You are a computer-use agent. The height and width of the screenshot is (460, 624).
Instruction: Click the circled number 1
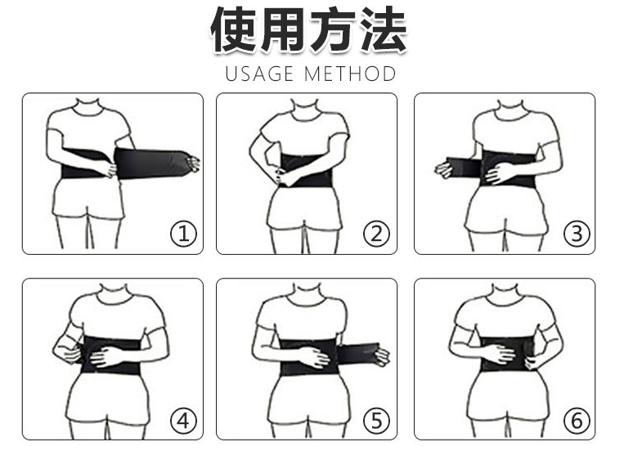pyautogui.click(x=183, y=234)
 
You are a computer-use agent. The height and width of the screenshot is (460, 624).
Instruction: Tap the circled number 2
pyautogui.click(x=376, y=234)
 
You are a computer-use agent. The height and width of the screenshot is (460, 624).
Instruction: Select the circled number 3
pyautogui.click(x=577, y=234)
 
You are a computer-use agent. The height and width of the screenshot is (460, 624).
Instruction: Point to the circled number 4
pyautogui.click(x=183, y=421)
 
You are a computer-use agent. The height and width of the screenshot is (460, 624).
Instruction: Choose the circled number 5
pyautogui.click(x=376, y=421)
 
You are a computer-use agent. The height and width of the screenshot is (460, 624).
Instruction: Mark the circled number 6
pyautogui.click(x=577, y=421)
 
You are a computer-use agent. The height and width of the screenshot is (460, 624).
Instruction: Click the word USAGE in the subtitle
pyautogui.click(x=259, y=74)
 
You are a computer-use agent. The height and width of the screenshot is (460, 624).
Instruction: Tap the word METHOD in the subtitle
pyautogui.click(x=350, y=74)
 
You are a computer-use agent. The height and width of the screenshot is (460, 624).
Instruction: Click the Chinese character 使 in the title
pyautogui.click(x=234, y=29)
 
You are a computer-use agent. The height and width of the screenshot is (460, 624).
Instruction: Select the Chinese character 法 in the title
pyautogui.click(x=384, y=29)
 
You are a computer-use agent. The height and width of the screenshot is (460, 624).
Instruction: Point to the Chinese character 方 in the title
pyautogui.click(x=334, y=29)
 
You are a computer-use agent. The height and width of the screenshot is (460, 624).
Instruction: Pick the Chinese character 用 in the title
pyautogui.click(x=283, y=29)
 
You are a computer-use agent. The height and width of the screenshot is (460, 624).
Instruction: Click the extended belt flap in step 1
pyautogui.click(x=153, y=163)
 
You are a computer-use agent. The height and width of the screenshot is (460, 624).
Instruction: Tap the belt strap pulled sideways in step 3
pyautogui.click(x=464, y=167)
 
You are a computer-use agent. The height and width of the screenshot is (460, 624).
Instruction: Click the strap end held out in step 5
pyautogui.click(x=357, y=354)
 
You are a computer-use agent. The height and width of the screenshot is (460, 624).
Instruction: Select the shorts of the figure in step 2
pyautogui.click(x=305, y=208)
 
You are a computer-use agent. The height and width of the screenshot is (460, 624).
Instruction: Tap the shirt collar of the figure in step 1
pyautogui.click(x=88, y=108)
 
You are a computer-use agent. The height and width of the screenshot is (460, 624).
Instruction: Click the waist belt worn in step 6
pyautogui.click(x=507, y=354)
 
